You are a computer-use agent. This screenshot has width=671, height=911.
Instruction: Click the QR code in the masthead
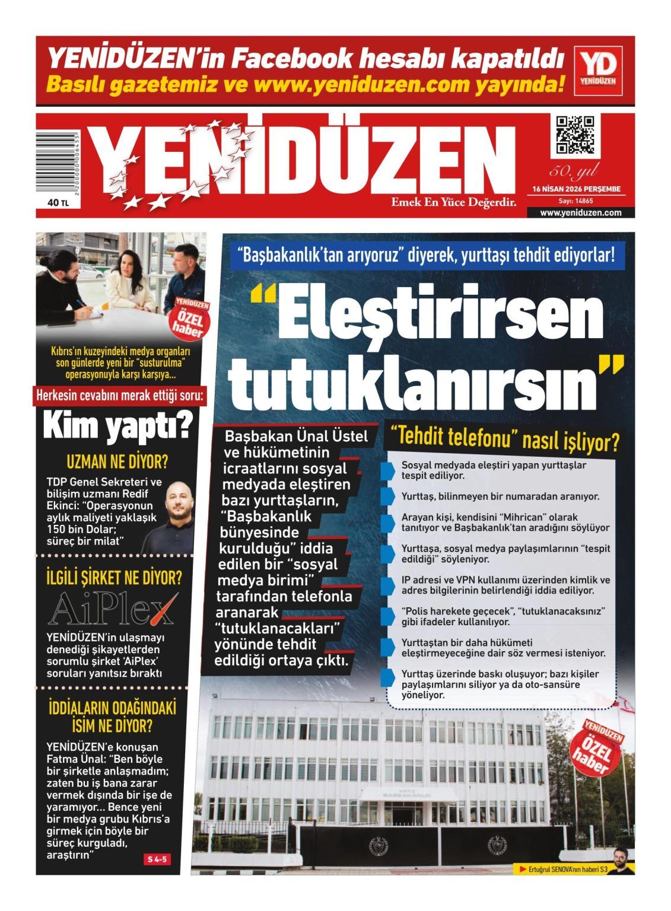pos(574,135)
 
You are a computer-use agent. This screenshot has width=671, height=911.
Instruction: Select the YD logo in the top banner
pos(598,71)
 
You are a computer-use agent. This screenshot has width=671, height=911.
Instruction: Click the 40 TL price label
pos(58,203)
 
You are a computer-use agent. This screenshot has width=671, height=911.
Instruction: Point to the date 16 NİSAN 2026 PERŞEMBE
pos(576,189)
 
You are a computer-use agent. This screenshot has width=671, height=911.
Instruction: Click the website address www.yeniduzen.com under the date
pos(580,212)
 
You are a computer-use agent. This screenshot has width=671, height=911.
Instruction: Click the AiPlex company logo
pos(113,608)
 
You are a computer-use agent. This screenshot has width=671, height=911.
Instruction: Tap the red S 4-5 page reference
pos(157,859)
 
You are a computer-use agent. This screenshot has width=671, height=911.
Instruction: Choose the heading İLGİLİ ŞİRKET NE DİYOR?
pos(114,578)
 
